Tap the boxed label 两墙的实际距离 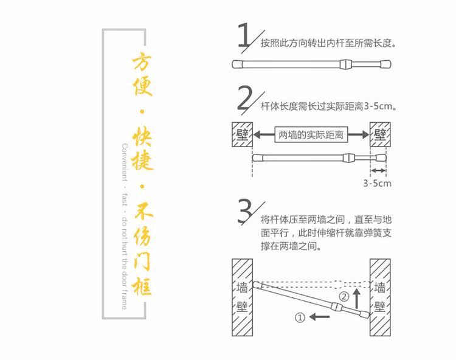(x=311, y=134)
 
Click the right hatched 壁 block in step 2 (x=380, y=134)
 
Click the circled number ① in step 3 (x=299, y=317)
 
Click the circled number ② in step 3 (x=344, y=297)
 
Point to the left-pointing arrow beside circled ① (x=319, y=317)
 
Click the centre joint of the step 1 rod (x=344, y=64)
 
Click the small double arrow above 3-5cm (x=378, y=170)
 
